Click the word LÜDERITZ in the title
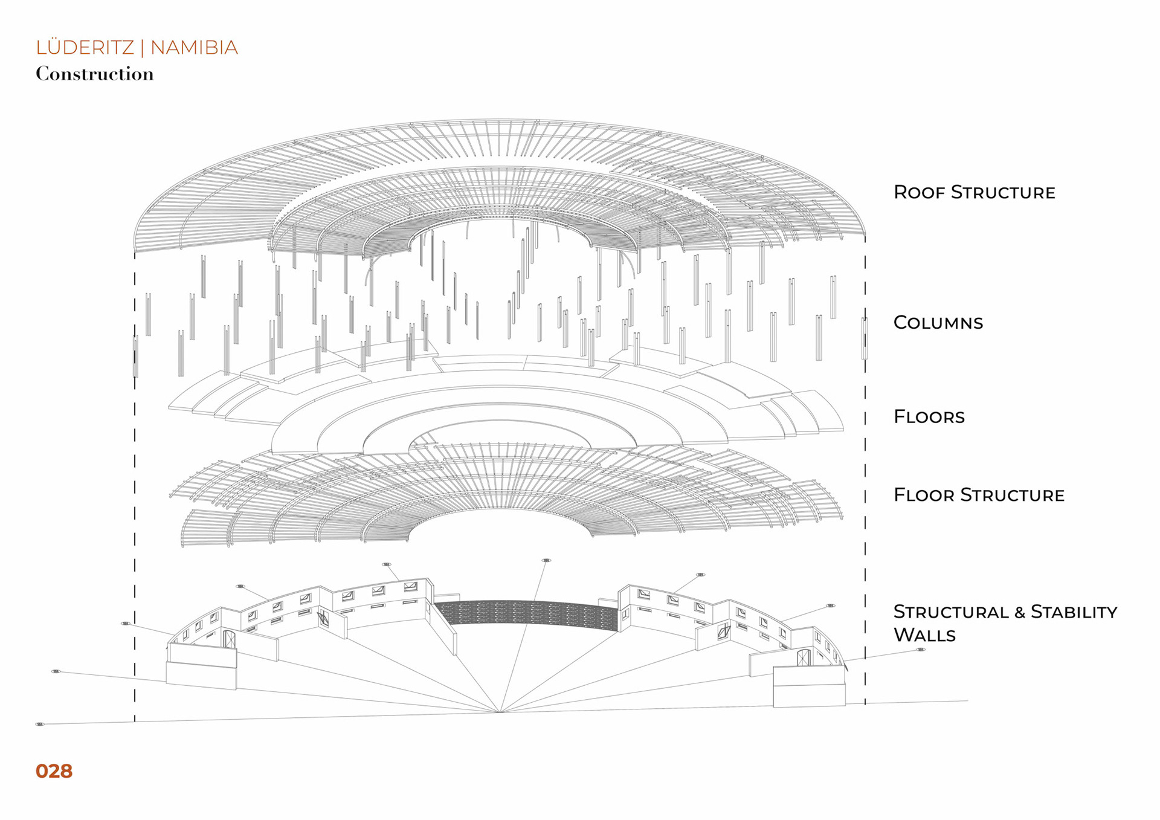[x=85, y=48]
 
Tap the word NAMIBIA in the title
[x=194, y=48]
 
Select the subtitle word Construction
[x=95, y=74]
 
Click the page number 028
[x=54, y=771]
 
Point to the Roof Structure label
[x=974, y=192]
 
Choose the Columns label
[x=938, y=323]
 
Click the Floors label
[x=929, y=416]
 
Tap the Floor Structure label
[x=979, y=495]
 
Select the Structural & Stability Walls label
[x=1005, y=623]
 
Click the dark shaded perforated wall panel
[x=526, y=613]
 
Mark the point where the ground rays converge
[x=500, y=712]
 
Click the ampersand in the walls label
[x=1020, y=613]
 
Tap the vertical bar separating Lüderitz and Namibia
[x=143, y=48]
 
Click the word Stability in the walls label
[x=1074, y=612]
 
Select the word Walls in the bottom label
[x=924, y=635]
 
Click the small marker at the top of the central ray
[x=546, y=561]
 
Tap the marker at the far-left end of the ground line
[x=40, y=724]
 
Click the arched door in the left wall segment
[x=229, y=639]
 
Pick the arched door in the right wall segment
[x=803, y=658]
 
